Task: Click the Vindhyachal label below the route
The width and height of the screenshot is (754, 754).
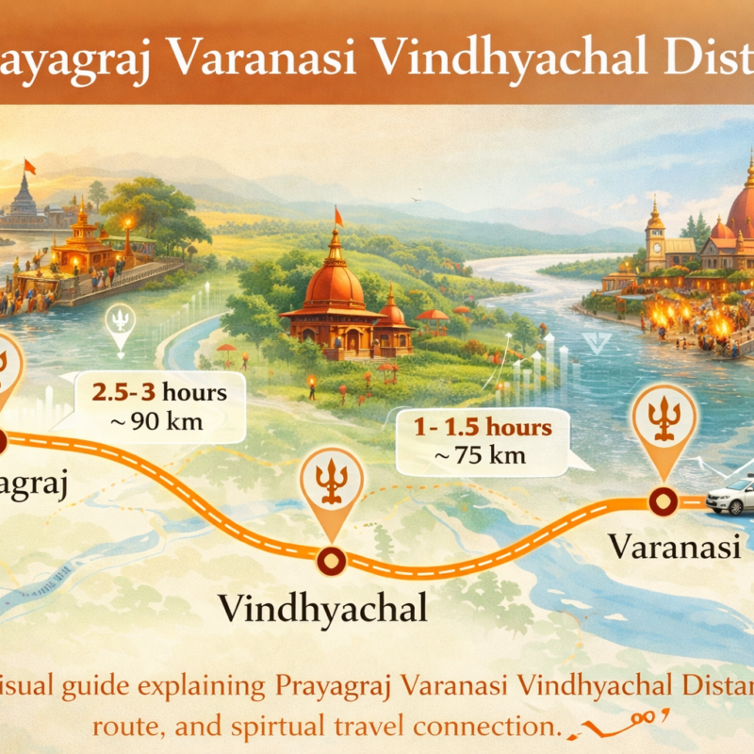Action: pos(323,607)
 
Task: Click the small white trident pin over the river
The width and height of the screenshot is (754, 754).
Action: pos(121,320)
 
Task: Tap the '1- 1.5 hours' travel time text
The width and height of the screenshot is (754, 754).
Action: pos(483,428)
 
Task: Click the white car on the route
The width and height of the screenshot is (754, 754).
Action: pos(731,496)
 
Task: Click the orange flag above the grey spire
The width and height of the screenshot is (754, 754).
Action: pos(29,167)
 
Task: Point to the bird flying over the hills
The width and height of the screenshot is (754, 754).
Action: pos(415,200)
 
